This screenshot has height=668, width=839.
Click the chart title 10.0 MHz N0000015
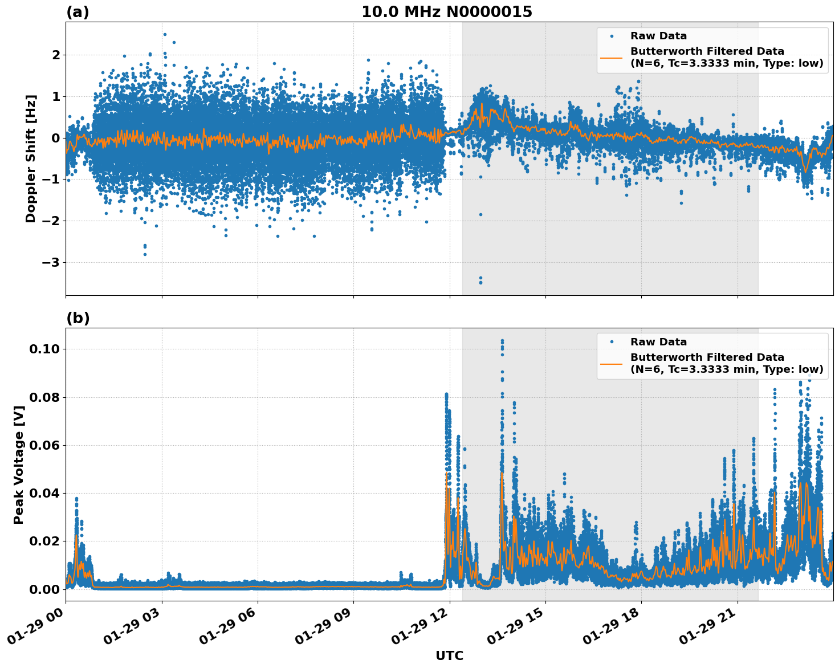point(446,12)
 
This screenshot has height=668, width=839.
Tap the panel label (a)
point(78,12)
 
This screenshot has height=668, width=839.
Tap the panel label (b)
point(78,318)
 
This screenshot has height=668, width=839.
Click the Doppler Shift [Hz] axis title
point(31,158)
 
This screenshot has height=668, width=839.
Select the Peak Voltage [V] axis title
point(19,465)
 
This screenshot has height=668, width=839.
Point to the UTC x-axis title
point(449,655)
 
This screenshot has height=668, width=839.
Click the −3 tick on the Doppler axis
point(52,263)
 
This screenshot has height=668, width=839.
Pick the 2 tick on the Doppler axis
point(56,55)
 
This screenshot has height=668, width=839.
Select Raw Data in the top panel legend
point(658,36)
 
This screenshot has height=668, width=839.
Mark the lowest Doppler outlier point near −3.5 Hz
point(480,283)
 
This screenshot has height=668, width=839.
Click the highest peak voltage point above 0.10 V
point(502,341)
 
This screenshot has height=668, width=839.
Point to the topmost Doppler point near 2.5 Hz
point(165,34)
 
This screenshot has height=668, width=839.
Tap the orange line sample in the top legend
point(612,57)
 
